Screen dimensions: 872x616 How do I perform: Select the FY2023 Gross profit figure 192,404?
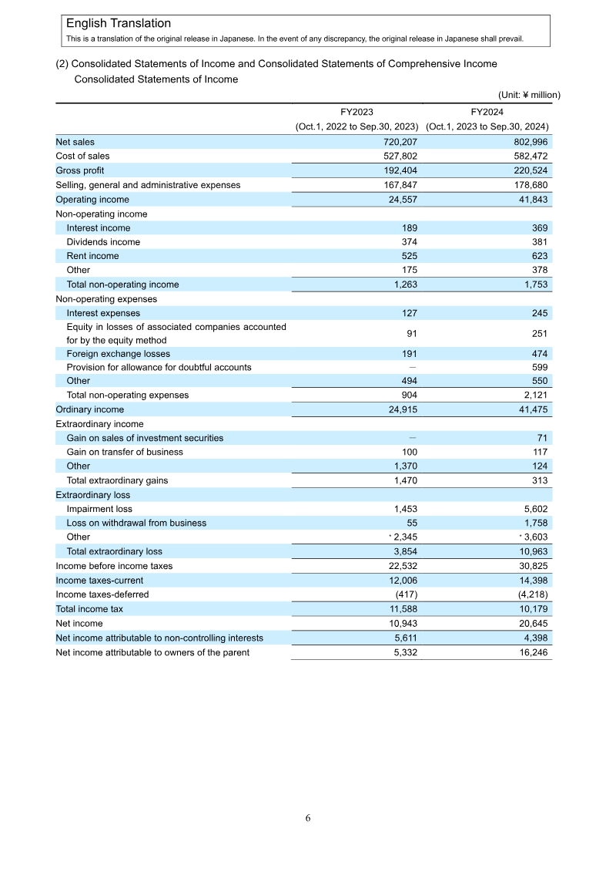pos(397,170)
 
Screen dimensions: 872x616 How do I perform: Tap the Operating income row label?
pos(92,200)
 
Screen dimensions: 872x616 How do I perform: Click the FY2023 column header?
pos(357,112)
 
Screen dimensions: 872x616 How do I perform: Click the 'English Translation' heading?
pos(119,24)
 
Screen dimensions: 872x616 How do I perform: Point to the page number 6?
pos(308,819)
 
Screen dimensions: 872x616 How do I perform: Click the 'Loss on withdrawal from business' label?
pos(136,523)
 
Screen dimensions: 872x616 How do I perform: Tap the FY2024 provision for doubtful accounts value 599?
pos(539,367)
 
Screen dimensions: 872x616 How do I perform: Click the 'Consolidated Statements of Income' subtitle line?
pos(156,79)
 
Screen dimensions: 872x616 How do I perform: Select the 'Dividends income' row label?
pos(103,242)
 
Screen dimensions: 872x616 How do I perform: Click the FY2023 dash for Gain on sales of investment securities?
pos(413,438)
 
